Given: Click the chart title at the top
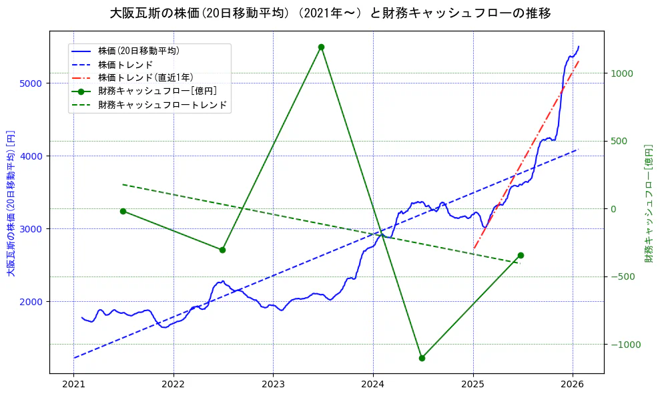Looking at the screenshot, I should point(330,13).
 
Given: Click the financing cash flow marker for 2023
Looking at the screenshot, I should point(321,47).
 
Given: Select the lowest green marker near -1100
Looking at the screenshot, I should point(422,358).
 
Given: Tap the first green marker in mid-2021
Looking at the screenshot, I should point(123,211).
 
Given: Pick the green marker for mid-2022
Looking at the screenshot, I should point(222,250).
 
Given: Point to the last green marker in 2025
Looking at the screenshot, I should point(521,255).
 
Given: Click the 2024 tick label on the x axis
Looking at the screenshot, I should point(372,385).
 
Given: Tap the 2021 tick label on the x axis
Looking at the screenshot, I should point(73,385).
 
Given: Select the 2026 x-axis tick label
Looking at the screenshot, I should point(573,385).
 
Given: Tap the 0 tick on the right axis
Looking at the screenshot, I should point(615,209).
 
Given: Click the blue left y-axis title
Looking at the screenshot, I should point(10,202).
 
